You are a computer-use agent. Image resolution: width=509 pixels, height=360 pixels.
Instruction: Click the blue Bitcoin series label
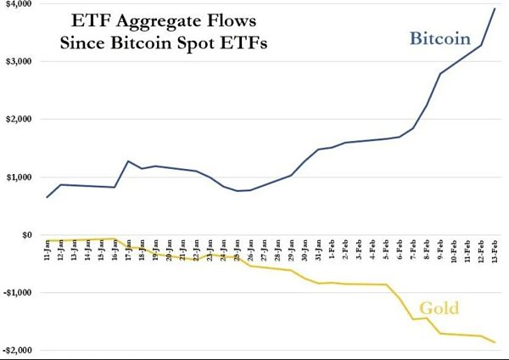click(439, 39)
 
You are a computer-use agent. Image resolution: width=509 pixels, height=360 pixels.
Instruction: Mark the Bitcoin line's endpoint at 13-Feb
click(495, 8)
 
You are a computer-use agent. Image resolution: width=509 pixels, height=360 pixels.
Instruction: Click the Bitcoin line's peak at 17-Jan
click(128, 161)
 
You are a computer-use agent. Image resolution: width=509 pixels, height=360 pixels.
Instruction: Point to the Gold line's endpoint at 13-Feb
click(495, 342)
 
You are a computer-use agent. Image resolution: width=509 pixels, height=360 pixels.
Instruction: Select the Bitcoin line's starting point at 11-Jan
click(48, 197)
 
